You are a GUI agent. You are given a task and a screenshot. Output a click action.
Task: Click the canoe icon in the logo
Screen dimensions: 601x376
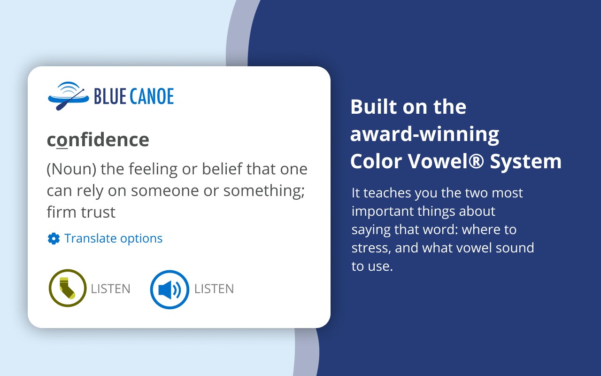[69, 96]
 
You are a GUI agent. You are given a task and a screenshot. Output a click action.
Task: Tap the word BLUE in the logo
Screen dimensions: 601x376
[110, 96]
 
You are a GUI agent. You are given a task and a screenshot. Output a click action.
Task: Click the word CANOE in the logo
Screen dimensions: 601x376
[152, 96]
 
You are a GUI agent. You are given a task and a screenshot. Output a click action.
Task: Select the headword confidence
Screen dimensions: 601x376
[98, 140]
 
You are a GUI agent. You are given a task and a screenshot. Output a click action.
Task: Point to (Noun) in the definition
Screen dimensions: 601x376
[71, 169]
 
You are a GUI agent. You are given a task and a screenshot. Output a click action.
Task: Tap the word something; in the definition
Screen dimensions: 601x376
[264, 191]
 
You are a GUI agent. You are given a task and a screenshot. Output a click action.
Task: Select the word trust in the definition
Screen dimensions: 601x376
[98, 212]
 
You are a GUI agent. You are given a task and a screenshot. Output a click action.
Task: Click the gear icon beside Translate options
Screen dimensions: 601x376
[54, 238]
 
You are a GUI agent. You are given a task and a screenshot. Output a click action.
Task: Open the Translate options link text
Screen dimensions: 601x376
[114, 238]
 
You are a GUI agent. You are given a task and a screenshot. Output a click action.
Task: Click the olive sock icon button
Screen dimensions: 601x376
[68, 288]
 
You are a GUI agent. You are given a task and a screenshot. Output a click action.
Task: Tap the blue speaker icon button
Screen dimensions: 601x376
[170, 290]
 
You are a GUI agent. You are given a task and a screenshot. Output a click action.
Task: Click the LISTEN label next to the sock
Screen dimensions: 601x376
[110, 289]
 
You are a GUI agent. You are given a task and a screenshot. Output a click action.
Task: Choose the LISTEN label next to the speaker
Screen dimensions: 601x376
[214, 289]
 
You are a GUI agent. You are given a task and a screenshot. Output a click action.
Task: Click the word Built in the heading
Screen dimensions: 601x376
[374, 107]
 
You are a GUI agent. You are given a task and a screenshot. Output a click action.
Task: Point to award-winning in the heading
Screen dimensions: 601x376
[424, 134]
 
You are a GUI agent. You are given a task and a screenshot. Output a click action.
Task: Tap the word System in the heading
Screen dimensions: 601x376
[525, 162]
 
